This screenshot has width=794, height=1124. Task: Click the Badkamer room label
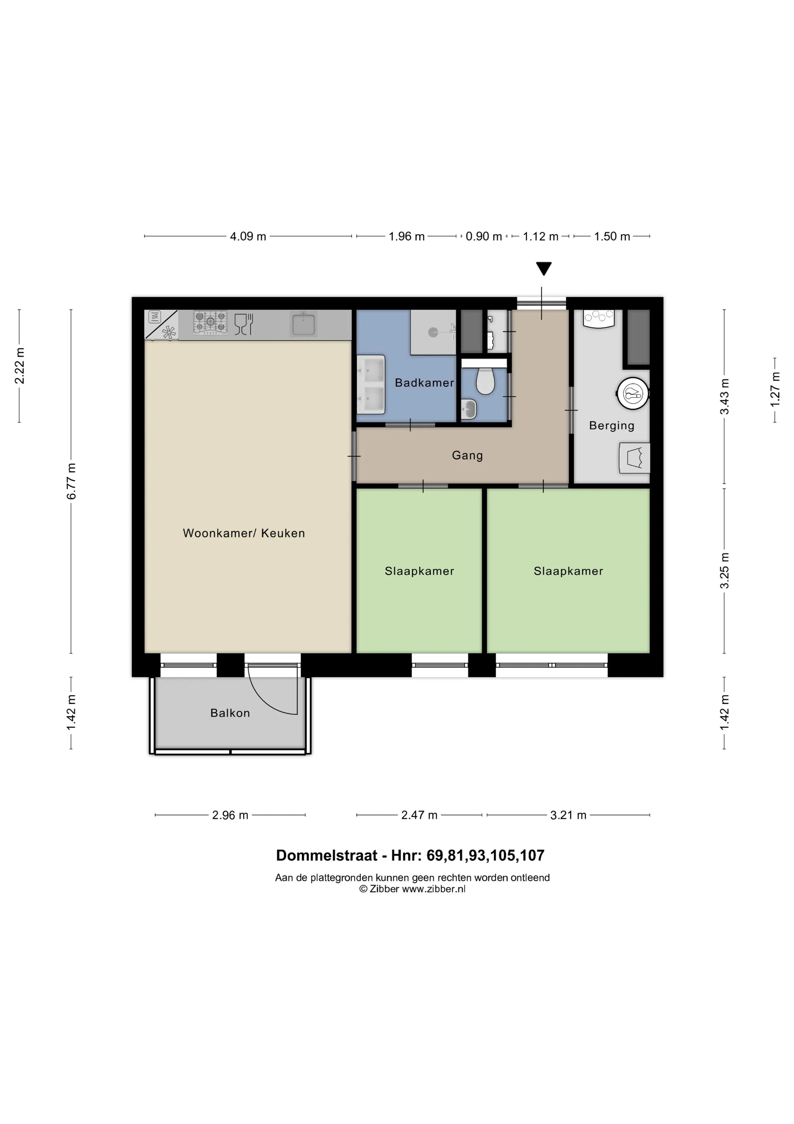(x=424, y=383)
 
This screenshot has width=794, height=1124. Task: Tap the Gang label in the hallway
(x=467, y=456)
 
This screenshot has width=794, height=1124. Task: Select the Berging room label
(x=612, y=426)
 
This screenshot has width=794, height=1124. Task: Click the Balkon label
(x=230, y=713)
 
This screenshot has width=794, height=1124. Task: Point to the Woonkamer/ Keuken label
(x=244, y=533)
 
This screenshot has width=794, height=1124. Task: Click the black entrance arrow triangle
(x=544, y=269)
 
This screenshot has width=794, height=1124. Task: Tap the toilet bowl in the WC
(x=485, y=382)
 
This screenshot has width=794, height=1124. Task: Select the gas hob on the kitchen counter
(x=210, y=323)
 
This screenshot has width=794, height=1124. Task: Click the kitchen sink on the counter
(x=303, y=324)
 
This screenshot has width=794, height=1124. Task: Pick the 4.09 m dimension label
(x=248, y=237)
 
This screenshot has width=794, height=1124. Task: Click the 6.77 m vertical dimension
(x=71, y=481)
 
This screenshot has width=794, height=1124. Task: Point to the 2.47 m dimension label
(x=419, y=815)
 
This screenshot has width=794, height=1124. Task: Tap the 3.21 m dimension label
(x=568, y=815)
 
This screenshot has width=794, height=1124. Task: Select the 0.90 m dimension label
(x=484, y=237)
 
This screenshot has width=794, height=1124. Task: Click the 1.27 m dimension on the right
(x=775, y=389)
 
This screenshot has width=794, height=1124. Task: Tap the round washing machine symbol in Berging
(x=633, y=393)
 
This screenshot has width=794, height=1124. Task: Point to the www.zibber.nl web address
(x=433, y=889)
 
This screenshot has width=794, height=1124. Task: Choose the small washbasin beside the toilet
(x=469, y=409)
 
